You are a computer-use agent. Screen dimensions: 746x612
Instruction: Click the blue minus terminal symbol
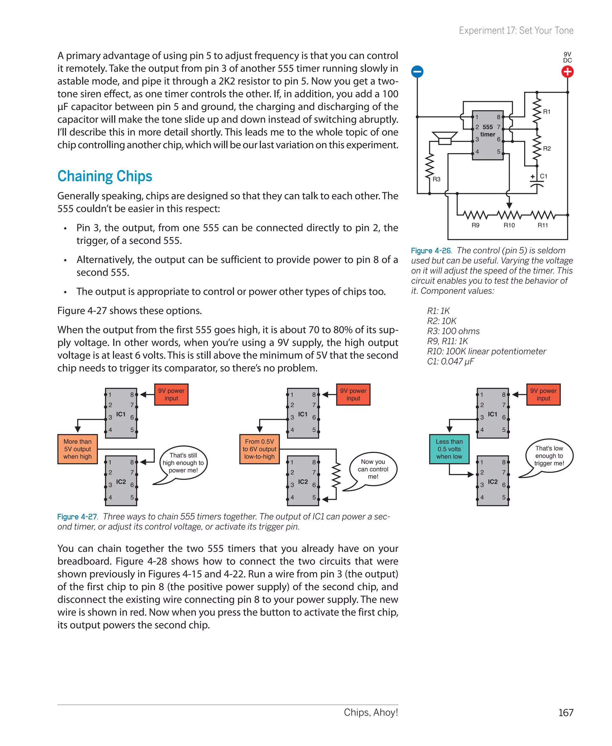[x=417, y=72]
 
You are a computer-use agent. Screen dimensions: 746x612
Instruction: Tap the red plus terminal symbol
[x=567, y=72]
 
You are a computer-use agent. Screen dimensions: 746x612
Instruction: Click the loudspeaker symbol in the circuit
[x=445, y=138]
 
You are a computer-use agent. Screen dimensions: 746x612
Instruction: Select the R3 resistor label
[x=436, y=179]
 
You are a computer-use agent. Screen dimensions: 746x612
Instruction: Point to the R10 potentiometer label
[x=509, y=225]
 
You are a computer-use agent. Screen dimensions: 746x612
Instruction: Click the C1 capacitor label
[x=544, y=176]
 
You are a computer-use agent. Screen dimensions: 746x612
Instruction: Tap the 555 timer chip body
[x=488, y=135]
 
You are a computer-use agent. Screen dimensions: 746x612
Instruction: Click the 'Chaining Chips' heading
[x=105, y=176]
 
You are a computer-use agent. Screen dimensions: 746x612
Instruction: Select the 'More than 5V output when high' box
[x=78, y=449]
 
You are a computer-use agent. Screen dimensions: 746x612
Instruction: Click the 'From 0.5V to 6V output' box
[x=259, y=449]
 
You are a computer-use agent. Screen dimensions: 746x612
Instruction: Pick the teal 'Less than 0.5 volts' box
[x=449, y=449]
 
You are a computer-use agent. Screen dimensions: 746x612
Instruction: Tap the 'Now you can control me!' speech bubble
[x=373, y=469]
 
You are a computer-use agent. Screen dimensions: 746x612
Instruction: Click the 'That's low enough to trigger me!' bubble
[x=549, y=455]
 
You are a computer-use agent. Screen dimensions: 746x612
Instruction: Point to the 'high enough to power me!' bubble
[x=183, y=463]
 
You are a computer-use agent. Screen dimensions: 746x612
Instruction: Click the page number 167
[x=565, y=713]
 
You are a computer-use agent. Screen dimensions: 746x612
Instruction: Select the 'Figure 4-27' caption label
[x=77, y=516]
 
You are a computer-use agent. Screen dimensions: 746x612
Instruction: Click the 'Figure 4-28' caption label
[x=431, y=251]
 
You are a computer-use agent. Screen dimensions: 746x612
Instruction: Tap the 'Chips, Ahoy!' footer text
[x=371, y=712]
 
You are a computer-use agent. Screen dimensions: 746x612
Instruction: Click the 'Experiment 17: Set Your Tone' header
[x=516, y=31]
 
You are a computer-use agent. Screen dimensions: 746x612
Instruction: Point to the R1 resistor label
[x=547, y=112]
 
